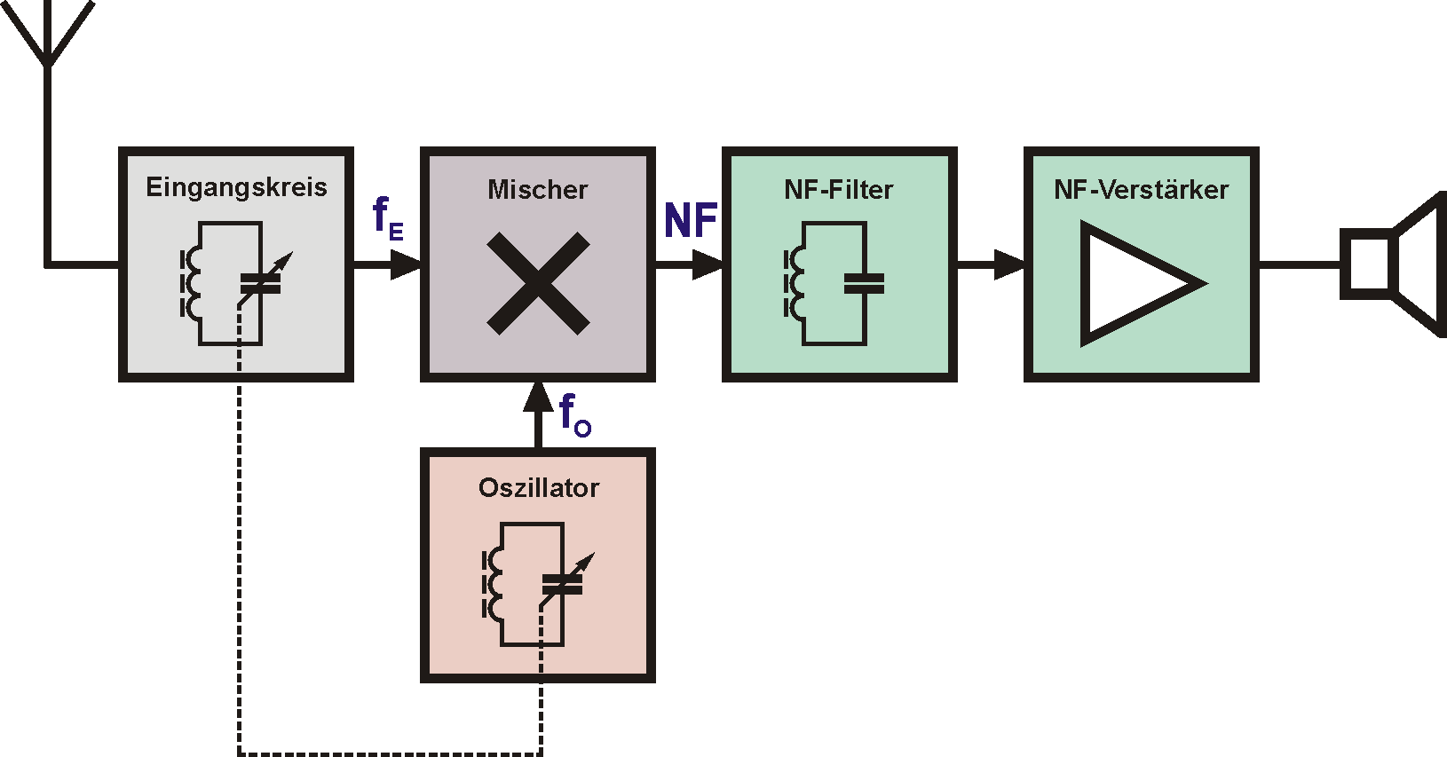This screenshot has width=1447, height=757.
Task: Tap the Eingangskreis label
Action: (236, 187)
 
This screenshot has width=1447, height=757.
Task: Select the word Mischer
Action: (537, 189)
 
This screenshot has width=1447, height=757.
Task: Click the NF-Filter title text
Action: (838, 189)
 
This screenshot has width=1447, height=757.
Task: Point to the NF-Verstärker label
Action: (1141, 189)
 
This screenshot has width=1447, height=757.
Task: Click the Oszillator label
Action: (538, 487)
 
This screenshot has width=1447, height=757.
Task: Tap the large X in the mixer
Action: (538, 283)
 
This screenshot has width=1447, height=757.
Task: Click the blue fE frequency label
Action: (387, 218)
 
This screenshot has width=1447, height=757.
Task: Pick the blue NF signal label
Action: (690, 220)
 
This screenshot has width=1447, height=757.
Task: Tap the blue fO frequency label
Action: (574, 415)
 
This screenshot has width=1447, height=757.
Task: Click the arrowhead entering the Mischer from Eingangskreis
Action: (407, 264)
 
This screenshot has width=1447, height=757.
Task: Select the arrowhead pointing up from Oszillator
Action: (538, 397)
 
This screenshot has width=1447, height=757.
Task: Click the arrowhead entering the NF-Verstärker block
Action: (1010, 264)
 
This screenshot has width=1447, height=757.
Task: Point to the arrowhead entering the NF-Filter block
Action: (708, 264)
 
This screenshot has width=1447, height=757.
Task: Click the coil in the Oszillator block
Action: (492, 585)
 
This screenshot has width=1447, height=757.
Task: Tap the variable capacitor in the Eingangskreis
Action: (262, 283)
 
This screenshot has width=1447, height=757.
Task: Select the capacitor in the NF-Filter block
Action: (864, 283)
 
